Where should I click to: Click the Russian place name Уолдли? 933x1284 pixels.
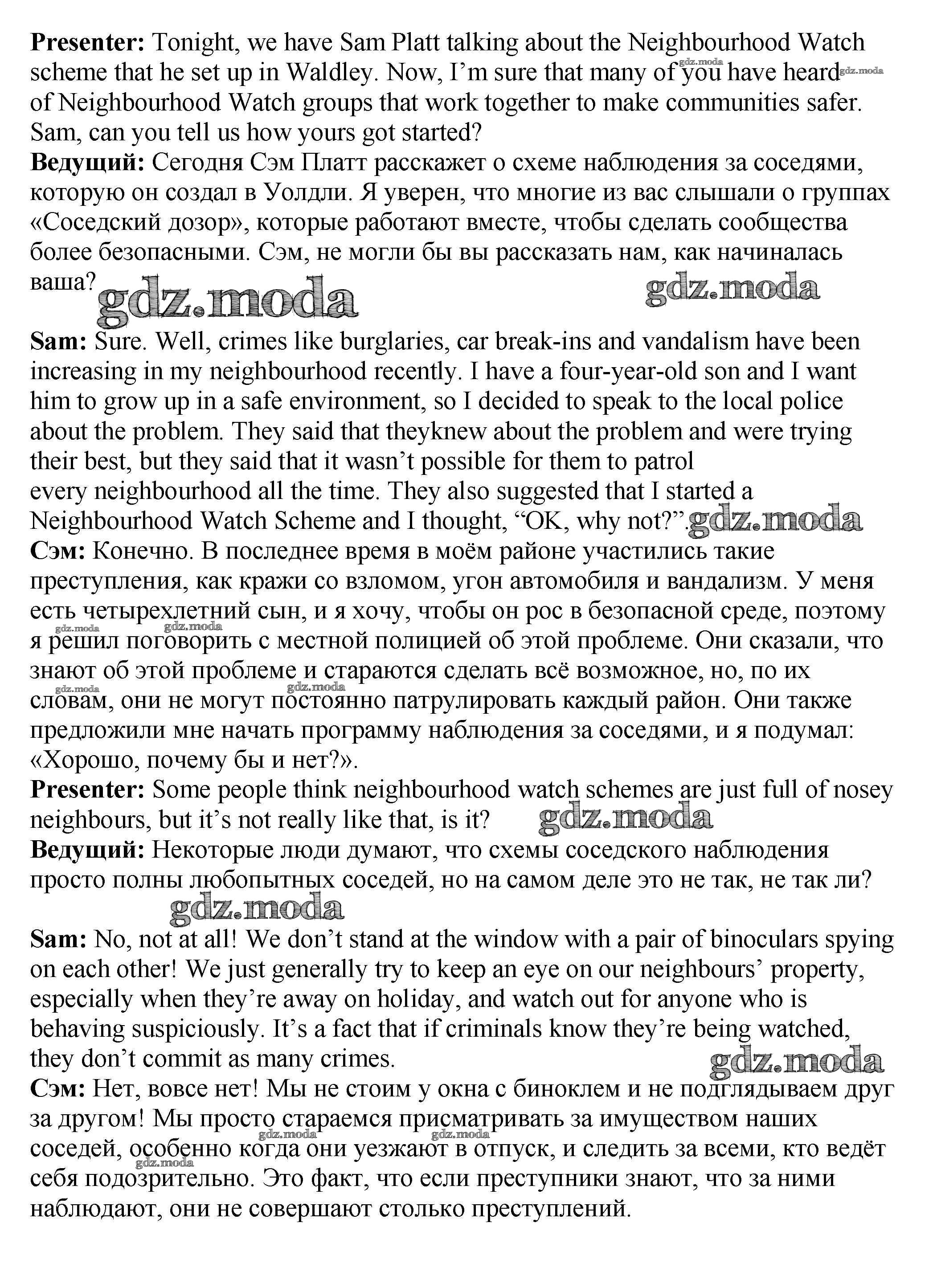coord(308,193)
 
